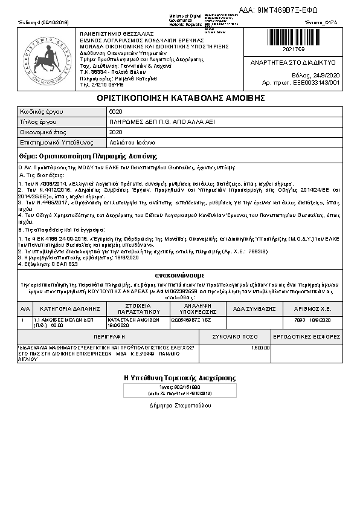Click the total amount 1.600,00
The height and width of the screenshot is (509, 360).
click(260, 348)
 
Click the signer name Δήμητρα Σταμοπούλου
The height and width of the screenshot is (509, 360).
click(180, 406)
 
